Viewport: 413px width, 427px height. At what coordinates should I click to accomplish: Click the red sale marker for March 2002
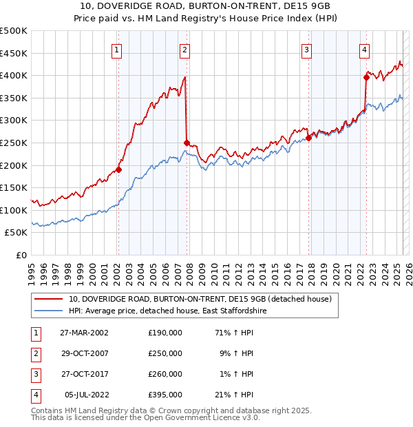tap(118, 169)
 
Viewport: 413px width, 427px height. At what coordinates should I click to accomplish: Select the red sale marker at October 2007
tap(187, 143)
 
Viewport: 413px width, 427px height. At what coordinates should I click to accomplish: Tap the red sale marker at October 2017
tap(308, 138)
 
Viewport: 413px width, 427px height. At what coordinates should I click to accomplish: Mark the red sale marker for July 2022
tap(366, 77)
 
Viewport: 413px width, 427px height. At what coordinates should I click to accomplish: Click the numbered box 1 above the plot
tap(117, 49)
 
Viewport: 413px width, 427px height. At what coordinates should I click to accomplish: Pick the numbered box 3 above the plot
tap(306, 49)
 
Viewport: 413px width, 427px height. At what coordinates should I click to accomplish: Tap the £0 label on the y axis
tap(21, 255)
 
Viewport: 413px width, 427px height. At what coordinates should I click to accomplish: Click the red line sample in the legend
tap(48, 300)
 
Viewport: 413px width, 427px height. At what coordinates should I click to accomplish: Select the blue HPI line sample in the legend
tap(48, 311)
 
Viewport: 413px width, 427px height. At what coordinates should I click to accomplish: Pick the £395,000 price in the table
tap(165, 395)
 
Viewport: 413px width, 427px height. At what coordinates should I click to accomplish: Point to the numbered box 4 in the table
tap(34, 395)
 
